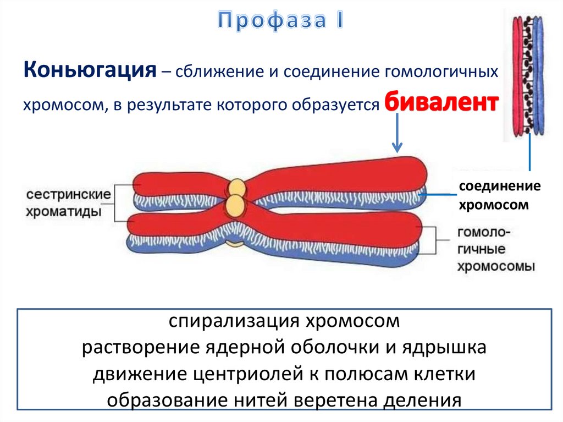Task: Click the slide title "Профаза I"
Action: [280, 20]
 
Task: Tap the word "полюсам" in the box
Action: [379, 374]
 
